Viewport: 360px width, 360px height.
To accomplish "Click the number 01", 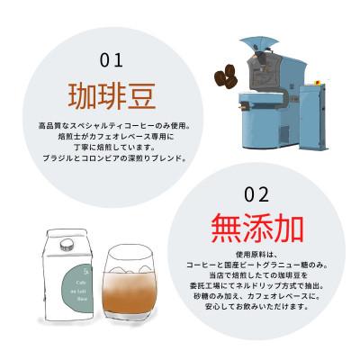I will [x=111, y=60].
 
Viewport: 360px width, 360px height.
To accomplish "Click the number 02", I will [x=256, y=194].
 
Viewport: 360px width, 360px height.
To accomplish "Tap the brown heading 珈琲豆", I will [x=112, y=94].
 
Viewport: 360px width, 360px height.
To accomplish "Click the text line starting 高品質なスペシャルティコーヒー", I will [x=112, y=123].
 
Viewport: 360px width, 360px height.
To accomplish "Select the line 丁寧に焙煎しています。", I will [x=112, y=147].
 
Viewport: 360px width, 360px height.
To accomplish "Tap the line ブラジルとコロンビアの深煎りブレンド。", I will [x=112, y=158].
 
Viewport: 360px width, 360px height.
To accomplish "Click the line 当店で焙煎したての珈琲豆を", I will [x=256, y=276].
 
